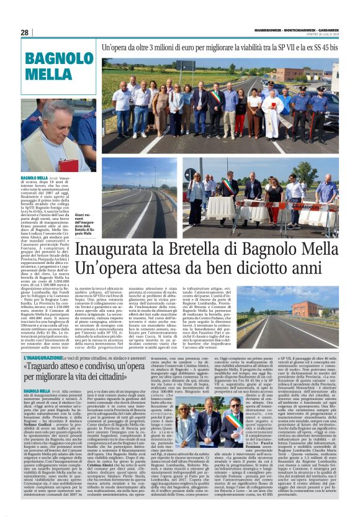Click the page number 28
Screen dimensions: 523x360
pyautogui.click(x=24, y=32)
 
